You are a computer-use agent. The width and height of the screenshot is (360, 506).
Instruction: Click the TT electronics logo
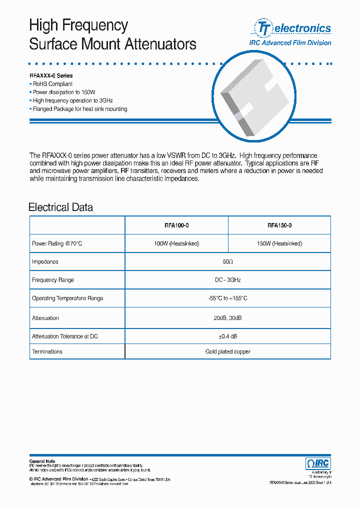click(x=292, y=28)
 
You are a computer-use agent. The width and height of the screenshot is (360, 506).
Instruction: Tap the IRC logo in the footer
click(x=317, y=463)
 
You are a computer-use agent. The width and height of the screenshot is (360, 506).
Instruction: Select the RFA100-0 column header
click(x=176, y=225)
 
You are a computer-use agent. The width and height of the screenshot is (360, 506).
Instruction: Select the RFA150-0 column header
click(x=279, y=225)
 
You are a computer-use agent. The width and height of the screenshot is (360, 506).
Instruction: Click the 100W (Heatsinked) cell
click(x=176, y=243)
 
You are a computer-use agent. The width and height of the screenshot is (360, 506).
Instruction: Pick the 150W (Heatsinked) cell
click(x=279, y=243)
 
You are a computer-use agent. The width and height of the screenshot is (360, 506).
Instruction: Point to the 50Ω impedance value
click(x=227, y=262)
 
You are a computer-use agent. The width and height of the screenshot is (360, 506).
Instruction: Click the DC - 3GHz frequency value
click(x=227, y=280)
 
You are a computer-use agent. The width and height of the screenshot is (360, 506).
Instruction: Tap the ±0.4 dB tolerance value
click(x=227, y=336)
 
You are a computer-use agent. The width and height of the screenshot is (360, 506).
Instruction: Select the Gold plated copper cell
click(x=227, y=351)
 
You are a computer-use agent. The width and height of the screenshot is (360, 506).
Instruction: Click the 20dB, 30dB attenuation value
click(x=227, y=318)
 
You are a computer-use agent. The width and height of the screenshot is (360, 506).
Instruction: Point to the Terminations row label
click(x=47, y=351)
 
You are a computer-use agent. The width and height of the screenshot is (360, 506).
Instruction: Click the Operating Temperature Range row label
click(x=67, y=298)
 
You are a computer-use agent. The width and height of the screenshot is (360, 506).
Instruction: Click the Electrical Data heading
click(x=60, y=207)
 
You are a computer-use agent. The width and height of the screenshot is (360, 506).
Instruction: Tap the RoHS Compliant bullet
click(x=52, y=84)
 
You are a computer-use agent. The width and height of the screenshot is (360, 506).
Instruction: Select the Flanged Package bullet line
click(x=79, y=109)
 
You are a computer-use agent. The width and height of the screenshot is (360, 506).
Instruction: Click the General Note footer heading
click(x=42, y=461)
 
